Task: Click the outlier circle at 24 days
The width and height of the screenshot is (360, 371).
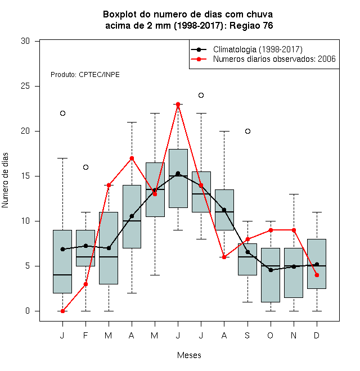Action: pos(201,96)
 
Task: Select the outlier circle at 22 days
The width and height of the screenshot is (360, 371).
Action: pos(62,114)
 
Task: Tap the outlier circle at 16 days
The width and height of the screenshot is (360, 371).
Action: pos(85,168)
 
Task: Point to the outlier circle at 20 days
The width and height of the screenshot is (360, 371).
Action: pos(247,132)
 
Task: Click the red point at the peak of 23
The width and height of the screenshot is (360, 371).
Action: pos(178,105)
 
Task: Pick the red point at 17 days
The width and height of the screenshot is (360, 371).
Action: pos(132,159)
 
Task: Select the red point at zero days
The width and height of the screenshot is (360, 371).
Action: pos(62,311)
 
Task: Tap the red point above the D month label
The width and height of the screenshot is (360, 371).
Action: pos(317,275)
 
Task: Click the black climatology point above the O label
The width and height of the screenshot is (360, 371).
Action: pos(271,270)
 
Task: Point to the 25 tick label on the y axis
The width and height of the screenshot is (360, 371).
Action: pos(25,86)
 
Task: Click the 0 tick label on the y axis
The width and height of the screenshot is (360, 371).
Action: pos(28,311)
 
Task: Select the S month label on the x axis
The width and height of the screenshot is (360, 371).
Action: pos(247,336)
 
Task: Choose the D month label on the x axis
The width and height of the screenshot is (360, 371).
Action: pos(317,336)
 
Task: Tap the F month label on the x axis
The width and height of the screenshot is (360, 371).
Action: pos(85,336)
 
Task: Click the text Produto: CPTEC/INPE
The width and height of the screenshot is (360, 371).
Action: pos(85,75)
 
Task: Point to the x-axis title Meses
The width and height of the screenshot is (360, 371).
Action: pos(189,355)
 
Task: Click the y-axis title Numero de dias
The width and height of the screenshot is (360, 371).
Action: pos(5,180)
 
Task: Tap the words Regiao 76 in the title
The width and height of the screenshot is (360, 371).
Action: pos(251,25)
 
